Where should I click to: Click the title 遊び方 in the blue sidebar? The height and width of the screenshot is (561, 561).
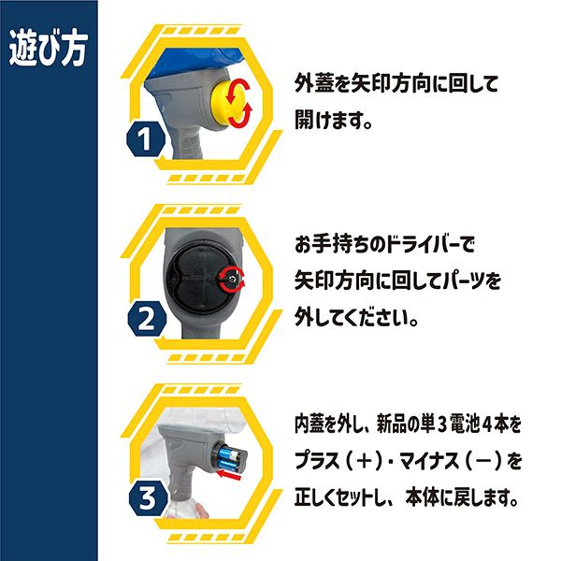(49, 50)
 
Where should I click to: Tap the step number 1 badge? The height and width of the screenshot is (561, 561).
(146, 138)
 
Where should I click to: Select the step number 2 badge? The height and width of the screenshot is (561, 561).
(147, 319)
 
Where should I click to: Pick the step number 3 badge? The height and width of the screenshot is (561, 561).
(148, 498)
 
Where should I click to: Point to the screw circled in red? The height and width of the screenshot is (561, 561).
(233, 279)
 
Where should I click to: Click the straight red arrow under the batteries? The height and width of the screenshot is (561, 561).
(230, 476)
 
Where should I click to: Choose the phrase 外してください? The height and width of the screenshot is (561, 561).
(357, 317)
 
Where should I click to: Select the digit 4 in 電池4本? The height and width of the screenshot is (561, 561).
(488, 424)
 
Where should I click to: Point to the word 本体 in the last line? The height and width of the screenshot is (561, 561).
(423, 497)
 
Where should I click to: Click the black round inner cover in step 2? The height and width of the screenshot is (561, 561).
(197, 279)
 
